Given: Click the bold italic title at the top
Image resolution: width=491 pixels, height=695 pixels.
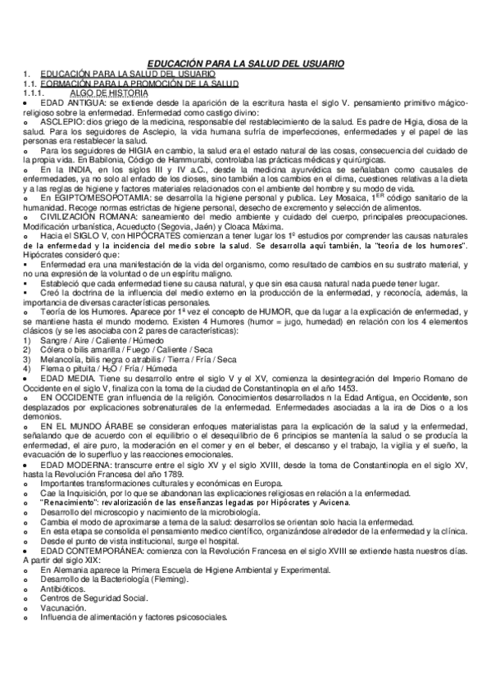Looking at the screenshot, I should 246,64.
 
